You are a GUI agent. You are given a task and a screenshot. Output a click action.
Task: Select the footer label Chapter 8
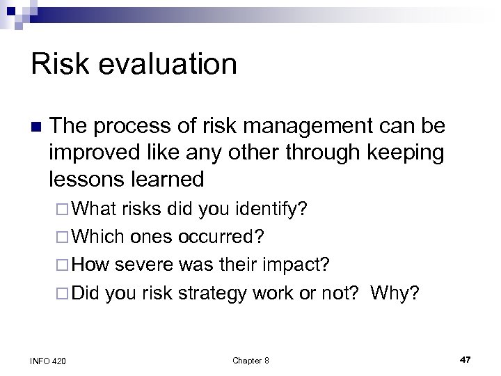pyautogui.click(x=250, y=360)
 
